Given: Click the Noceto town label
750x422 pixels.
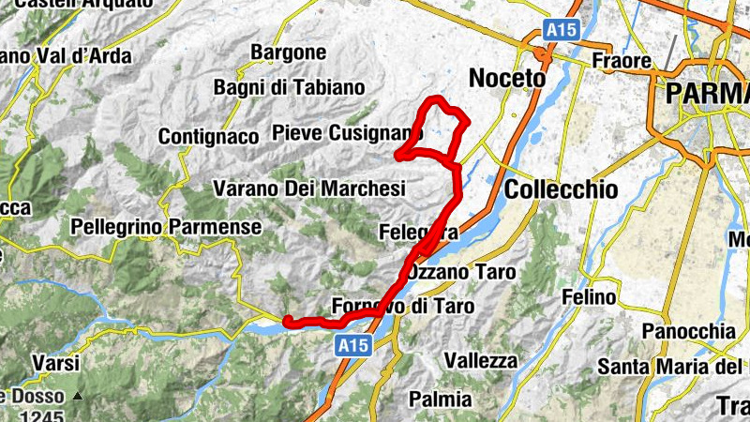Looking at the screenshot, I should pos(506,79).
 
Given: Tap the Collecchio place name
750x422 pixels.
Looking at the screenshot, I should pos(561,190).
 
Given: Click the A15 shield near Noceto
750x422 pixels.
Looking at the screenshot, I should pos(562,30).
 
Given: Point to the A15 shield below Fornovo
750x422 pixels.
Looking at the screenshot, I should pos(353,346).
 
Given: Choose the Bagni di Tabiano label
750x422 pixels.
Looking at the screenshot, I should pos(289,88).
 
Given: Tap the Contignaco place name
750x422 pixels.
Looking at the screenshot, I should pos(208,137).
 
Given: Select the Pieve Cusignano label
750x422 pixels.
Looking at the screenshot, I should pos(341,134).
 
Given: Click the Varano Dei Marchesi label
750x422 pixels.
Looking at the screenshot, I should pos(309,189).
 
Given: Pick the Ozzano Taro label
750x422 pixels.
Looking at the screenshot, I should pos(462,273).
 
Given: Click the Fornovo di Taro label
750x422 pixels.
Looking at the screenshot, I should pos(403,307).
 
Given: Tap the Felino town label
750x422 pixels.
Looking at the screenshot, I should pos(589,298).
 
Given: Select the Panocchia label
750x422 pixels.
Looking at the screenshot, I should pos(688,332).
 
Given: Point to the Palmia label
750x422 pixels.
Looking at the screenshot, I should pos(441,399).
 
